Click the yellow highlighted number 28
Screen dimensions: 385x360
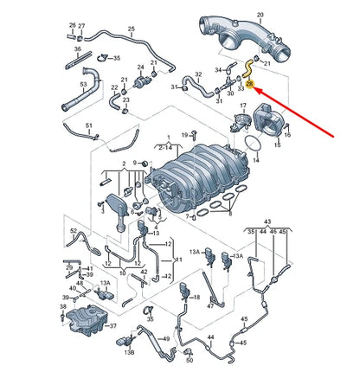(x=250, y=85)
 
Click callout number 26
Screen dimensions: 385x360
(x=72, y=26)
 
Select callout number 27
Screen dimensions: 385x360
(x=81, y=26)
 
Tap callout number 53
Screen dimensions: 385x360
(x=84, y=84)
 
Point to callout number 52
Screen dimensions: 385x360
(x=74, y=232)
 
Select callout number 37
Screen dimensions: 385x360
(x=110, y=325)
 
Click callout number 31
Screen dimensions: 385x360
(x=173, y=87)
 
